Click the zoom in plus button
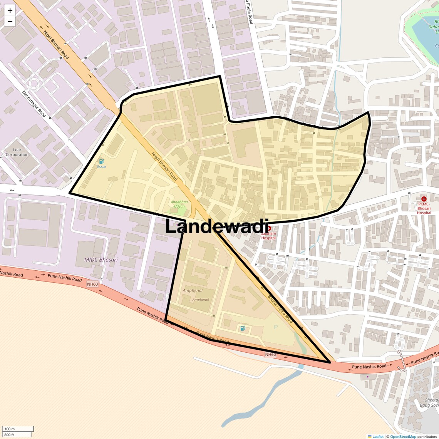click(x=10, y=10)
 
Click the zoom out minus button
click(x=10, y=22)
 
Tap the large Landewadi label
click(x=216, y=226)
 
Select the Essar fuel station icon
click(x=101, y=161)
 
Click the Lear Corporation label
click(x=17, y=152)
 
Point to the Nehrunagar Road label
click(x=34, y=104)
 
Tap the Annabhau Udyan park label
click(x=178, y=204)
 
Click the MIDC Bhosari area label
click(x=101, y=260)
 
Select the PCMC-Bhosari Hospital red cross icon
click(x=424, y=199)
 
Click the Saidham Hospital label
click(x=268, y=235)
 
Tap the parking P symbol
click(x=275, y=327)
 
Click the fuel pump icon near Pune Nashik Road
click(x=242, y=328)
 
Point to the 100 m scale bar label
click(x=9, y=429)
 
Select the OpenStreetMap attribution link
click(x=403, y=436)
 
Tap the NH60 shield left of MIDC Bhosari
click(x=92, y=284)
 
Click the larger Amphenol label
click(x=193, y=290)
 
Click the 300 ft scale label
click(x=9, y=435)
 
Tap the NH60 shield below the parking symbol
click(x=270, y=354)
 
